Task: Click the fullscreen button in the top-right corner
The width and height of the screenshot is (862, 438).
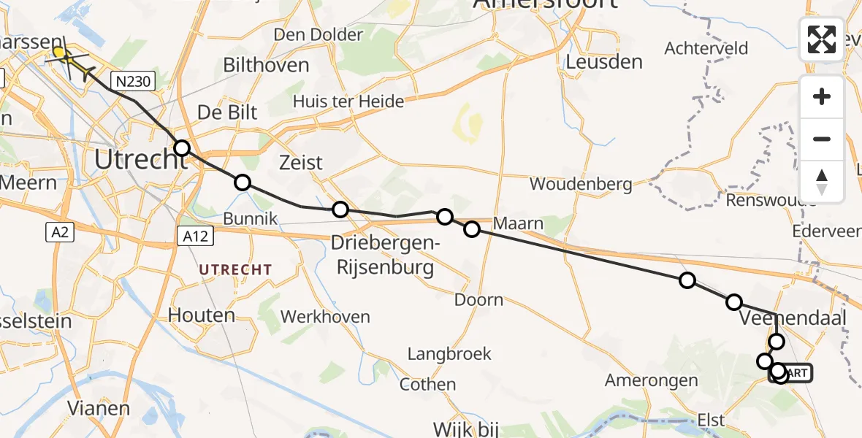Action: click(822, 39)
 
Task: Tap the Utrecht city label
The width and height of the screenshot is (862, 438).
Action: click(140, 158)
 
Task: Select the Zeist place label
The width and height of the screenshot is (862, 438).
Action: click(301, 162)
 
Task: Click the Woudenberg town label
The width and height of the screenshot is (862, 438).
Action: click(581, 184)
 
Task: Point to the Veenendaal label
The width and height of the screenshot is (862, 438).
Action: click(793, 319)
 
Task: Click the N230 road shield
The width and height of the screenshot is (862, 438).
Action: click(134, 80)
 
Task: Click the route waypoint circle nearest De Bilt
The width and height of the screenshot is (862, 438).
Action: click(182, 148)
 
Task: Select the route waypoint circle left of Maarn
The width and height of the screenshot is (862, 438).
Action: click(472, 229)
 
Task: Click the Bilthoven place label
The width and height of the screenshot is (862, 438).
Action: click(266, 65)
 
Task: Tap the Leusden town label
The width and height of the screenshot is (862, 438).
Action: click(604, 62)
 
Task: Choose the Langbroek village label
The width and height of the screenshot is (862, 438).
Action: click(449, 354)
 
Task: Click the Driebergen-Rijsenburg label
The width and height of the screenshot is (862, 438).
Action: click(384, 255)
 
